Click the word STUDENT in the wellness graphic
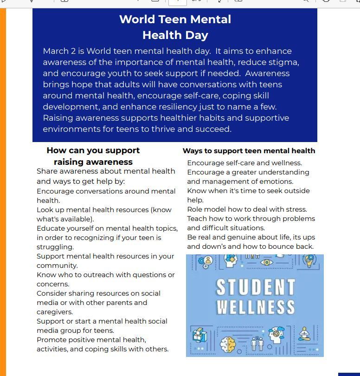tap(255, 288)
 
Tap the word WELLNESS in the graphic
tap(255, 307)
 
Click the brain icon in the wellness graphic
tap(228, 344)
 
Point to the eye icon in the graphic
tap(266, 262)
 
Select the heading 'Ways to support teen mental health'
tap(249, 151)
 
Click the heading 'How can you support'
tap(93, 150)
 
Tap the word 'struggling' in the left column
tap(55, 247)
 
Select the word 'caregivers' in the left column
tap(54, 312)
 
